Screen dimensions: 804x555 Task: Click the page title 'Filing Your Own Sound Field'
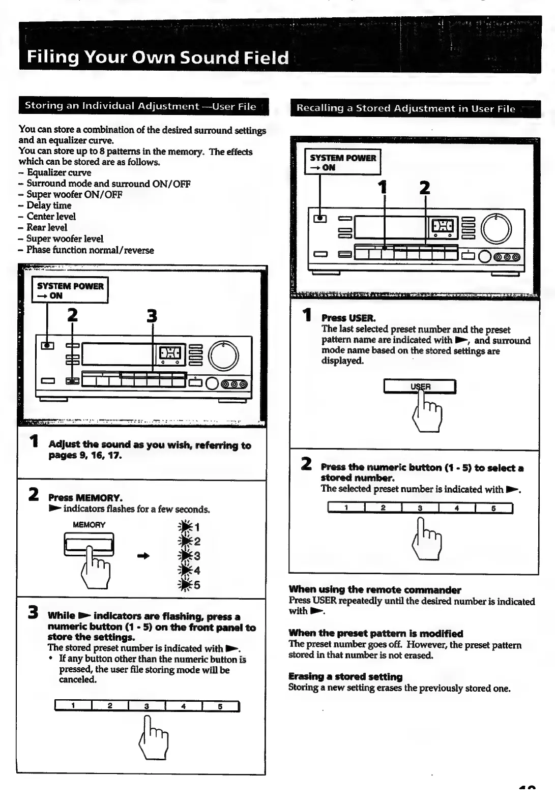pos(158,57)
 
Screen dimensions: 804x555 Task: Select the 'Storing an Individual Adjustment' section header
pos(140,106)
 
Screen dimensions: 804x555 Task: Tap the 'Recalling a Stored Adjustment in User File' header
pos(405,108)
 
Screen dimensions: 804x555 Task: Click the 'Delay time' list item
pos(49,205)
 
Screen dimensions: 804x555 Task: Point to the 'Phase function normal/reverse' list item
pos(90,250)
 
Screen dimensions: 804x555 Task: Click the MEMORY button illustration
pos(89,544)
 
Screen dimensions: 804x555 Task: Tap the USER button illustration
pos(420,387)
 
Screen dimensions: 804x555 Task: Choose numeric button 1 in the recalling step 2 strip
pos(346,508)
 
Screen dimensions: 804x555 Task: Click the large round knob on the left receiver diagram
pos(223,355)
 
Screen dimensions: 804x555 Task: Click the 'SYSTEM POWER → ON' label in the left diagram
pos(70,290)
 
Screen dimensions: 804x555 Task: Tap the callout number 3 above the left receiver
pos(152,316)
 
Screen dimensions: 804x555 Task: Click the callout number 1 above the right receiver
pos(383,188)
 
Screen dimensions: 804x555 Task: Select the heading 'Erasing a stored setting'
pos(345,677)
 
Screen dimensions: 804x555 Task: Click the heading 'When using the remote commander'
pos(375,590)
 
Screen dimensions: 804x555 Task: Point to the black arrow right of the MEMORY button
pos(143,556)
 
